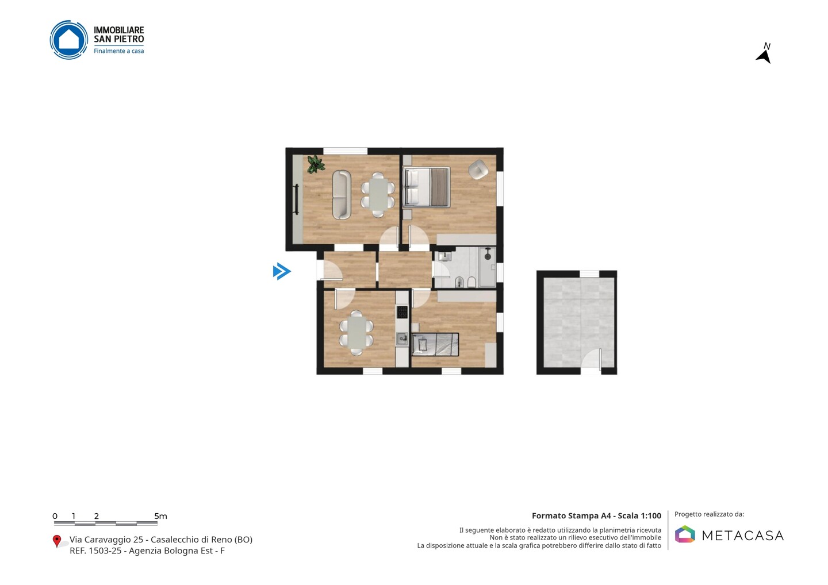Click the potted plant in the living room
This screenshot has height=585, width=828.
coord(315,164)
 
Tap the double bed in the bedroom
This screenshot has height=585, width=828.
coord(427,187)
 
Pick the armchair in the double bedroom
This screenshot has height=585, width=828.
coord(478,170)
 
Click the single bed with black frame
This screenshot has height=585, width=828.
coord(435,345)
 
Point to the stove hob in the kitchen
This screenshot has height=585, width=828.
coord(402,312)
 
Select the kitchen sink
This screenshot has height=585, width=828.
coord(402,339)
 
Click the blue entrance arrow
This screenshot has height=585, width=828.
coord(282,271)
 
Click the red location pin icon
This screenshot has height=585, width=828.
coord(56,541)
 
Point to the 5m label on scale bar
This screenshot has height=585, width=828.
coord(161,516)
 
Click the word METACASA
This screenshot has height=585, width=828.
coord(743,536)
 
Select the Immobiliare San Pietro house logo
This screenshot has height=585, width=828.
coord(69,40)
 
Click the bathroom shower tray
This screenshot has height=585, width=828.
coord(488,267)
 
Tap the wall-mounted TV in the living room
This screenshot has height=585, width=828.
coord(296,199)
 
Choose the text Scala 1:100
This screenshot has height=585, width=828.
coord(639,515)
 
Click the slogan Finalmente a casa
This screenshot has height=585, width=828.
coord(118,51)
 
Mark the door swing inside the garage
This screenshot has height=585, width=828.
coord(591,358)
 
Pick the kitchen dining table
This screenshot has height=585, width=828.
coord(356,333)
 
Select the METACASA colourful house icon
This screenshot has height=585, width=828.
coord(685,534)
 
